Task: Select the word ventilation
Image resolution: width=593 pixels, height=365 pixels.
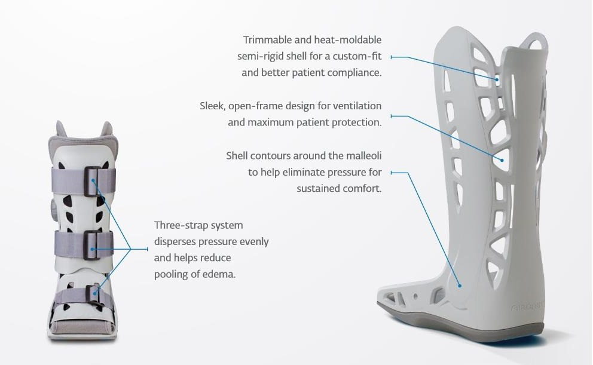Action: [357, 106]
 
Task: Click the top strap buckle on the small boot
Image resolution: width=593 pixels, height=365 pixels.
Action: [93, 182]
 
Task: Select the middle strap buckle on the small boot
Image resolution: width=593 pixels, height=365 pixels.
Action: [92, 245]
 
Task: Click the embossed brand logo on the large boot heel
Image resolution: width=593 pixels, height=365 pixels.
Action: [527, 307]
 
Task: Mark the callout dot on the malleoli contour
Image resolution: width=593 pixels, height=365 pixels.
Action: [460, 286]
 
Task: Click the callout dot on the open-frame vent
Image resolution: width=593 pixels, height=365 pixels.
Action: [502, 160]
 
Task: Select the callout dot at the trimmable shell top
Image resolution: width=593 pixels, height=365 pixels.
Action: [497, 79]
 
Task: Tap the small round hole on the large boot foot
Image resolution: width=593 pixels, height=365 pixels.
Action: [415, 297]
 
